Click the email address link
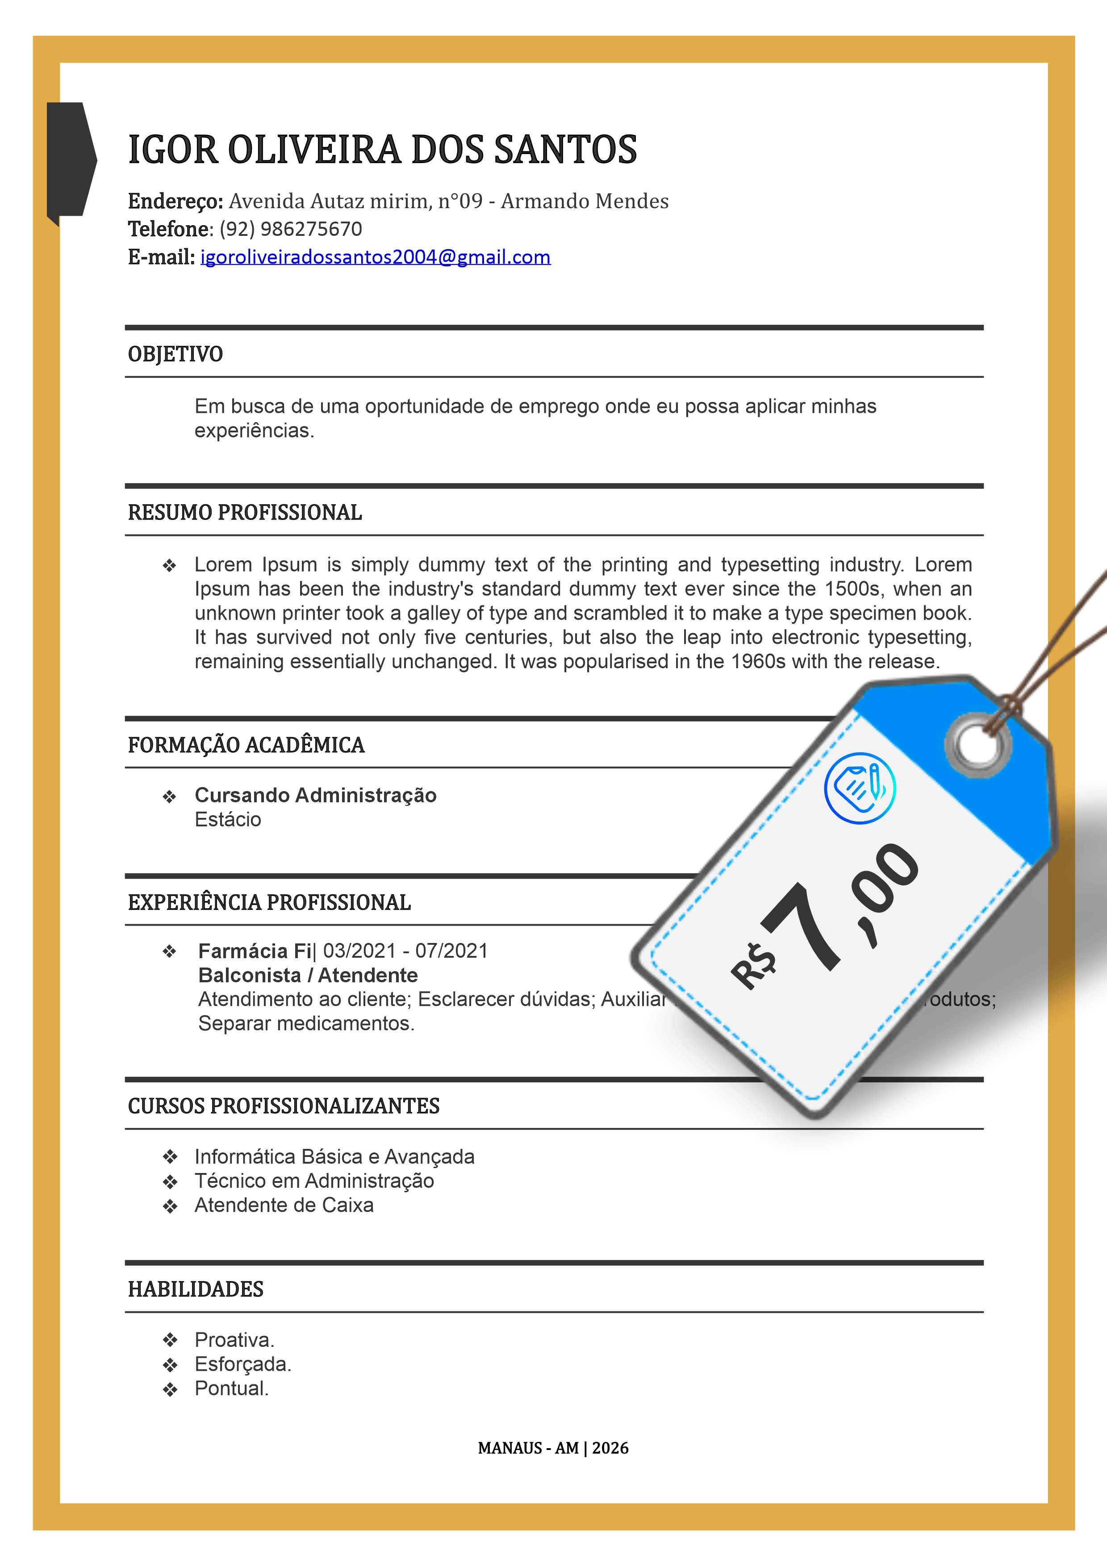(x=375, y=257)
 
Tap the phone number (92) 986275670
(x=291, y=229)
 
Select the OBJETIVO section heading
(x=175, y=354)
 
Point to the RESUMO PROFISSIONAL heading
(x=245, y=512)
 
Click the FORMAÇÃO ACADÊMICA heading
(x=246, y=745)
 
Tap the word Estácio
(x=228, y=820)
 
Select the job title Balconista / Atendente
(x=308, y=975)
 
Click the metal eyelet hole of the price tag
(x=978, y=745)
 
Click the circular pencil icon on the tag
(x=860, y=788)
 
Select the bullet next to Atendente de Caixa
(x=170, y=1207)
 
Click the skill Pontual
(x=231, y=1389)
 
